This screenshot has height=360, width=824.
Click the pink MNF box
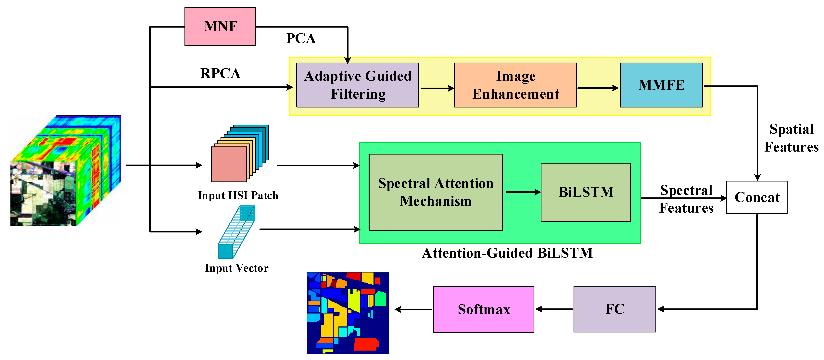point(220,26)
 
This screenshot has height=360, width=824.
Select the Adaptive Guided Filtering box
point(357,85)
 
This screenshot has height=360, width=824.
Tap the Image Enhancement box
point(515,85)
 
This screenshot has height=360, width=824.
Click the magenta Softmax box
point(484,309)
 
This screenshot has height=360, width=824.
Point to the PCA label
point(301,38)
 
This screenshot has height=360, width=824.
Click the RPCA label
point(220,73)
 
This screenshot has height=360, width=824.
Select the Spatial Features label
point(791,138)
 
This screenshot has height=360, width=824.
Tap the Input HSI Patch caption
point(238,195)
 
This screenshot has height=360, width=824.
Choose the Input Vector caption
point(237,268)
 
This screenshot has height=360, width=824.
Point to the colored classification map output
point(347,313)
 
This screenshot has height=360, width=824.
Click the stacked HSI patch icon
point(240,154)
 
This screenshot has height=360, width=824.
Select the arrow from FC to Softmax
point(554,309)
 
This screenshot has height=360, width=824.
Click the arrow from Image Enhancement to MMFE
point(598,88)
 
